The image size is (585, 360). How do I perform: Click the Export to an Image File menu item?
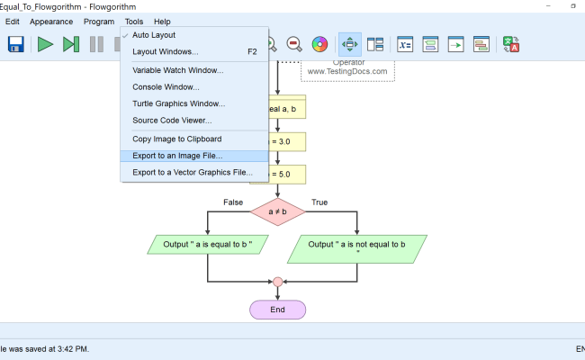click(177, 156)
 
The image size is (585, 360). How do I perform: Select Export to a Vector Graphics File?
click(193, 172)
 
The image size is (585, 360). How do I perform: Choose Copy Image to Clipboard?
click(176, 139)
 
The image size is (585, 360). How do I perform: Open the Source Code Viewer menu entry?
click(172, 120)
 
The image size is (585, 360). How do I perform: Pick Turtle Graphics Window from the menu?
click(178, 103)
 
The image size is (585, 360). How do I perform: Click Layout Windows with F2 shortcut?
click(166, 51)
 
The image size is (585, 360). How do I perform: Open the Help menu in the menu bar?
click(162, 21)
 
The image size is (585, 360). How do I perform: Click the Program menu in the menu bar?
click(99, 21)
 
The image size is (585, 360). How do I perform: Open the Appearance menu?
click(51, 21)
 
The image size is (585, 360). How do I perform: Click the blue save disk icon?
click(15, 43)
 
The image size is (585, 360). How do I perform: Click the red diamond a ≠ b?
click(278, 211)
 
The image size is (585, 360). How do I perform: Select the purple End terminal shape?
click(277, 309)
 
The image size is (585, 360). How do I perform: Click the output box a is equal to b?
click(208, 244)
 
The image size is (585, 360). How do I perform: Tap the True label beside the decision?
click(319, 202)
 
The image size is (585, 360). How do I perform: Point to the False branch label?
click(233, 202)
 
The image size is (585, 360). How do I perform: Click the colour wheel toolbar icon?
click(319, 43)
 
